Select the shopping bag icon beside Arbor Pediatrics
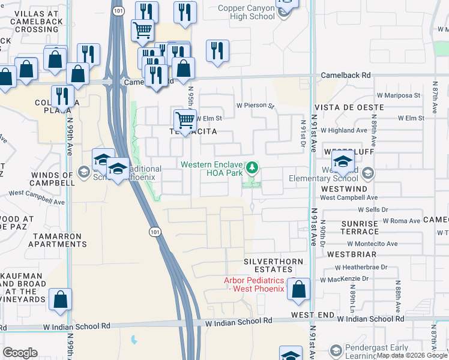pos(298,289)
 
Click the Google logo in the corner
pos(20,353)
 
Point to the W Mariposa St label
pos(398,95)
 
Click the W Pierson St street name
pos(255,106)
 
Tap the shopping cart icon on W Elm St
pos(185,120)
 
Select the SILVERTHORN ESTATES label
pos(277,266)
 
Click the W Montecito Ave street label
pos(372,244)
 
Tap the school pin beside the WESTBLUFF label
pos(343,161)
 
